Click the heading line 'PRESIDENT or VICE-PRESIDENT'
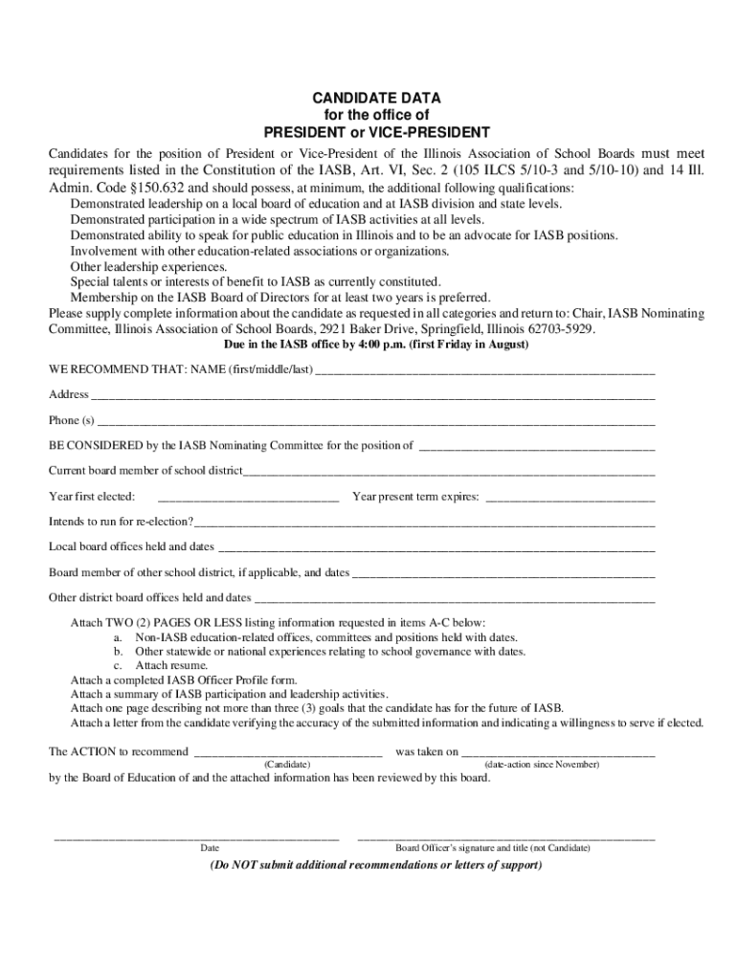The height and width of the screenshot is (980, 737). (x=377, y=132)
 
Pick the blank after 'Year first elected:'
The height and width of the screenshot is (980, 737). (x=248, y=498)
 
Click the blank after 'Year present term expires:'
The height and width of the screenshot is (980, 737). (x=570, y=498)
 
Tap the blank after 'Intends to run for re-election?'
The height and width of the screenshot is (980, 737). (x=425, y=523)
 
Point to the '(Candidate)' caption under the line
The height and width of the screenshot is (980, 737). (x=287, y=765)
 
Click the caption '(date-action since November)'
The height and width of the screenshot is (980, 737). (x=542, y=765)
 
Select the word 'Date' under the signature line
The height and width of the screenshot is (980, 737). (x=210, y=848)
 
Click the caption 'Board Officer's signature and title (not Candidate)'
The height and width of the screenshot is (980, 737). (x=493, y=848)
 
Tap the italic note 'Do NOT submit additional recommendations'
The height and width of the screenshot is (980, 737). (x=376, y=865)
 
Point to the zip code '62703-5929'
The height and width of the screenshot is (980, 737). (x=556, y=328)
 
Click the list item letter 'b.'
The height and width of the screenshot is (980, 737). (x=119, y=651)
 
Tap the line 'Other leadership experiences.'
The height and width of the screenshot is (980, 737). (x=149, y=266)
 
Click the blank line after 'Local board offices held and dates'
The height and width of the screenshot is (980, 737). (x=436, y=548)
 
